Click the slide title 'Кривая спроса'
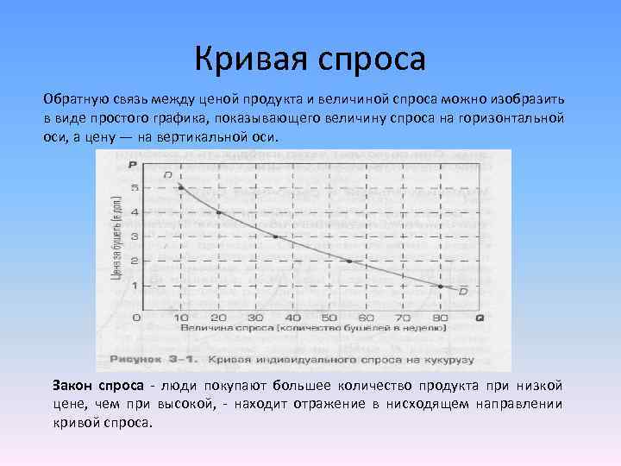[x=310, y=59]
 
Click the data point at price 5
[x=180, y=187]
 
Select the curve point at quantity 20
[x=218, y=212]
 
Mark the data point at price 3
[x=276, y=236]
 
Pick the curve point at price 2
[x=349, y=261]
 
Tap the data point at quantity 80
[x=440, y=286]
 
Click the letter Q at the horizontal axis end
[x=479, y=318]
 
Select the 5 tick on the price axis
[x=135, y=188]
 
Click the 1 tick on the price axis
[x=135, y=286]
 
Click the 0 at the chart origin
[x=135, y=318]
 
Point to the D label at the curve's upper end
[x=167, y=175]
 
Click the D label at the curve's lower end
[x=462, y=292]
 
